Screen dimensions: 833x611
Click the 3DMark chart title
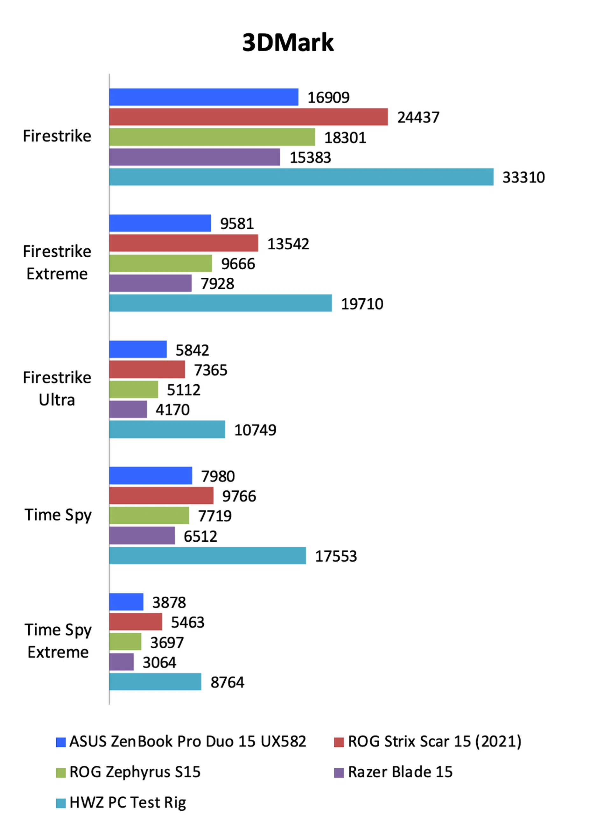point(288,43)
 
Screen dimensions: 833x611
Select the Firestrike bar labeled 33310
point(301,177)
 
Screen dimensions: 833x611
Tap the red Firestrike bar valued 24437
point(248,117)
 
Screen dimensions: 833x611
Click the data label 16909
point(328,98)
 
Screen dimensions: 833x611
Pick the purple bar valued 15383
point(194,157)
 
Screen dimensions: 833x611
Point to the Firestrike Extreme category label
point(57,262)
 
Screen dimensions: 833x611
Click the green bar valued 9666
point(160,263)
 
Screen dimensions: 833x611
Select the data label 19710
point(362,304)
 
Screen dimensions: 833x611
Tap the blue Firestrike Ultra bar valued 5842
point(138,349)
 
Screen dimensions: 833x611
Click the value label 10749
point(255,430)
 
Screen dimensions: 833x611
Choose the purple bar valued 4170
point(128,409)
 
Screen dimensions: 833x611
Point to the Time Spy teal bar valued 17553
point(207,555)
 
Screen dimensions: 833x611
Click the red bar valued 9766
point(161,495)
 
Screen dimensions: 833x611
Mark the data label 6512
point(200,536)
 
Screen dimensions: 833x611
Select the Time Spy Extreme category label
point(58,641)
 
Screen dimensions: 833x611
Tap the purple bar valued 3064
point(121,662)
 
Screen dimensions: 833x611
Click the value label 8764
point(228,682)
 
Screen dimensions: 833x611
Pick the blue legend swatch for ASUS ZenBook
point(61,742)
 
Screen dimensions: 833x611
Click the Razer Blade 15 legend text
point(400,772)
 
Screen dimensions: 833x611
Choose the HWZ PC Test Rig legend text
point(128,802)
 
